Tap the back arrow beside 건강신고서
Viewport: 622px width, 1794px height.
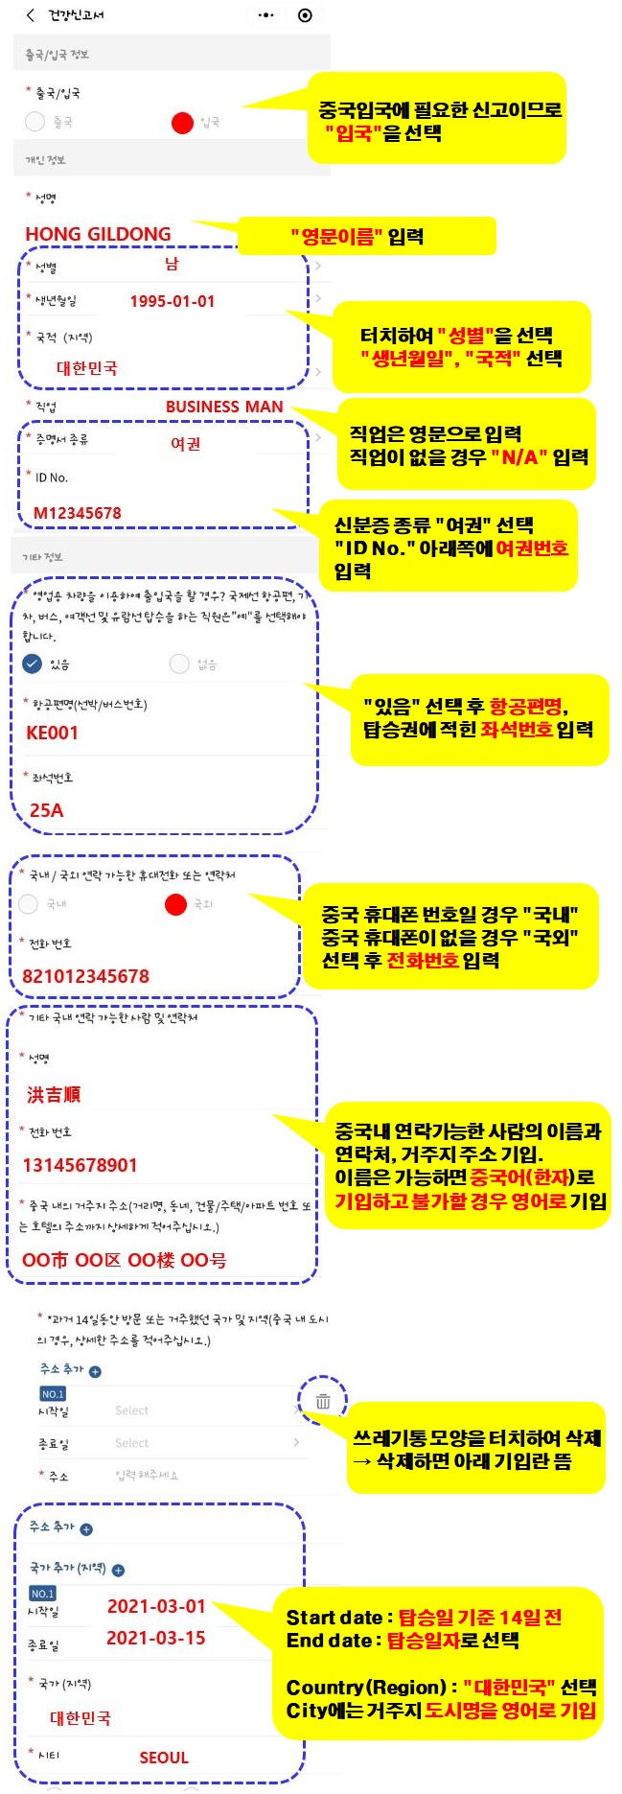pos(31,15)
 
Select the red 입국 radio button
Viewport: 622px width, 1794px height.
pos(182,123)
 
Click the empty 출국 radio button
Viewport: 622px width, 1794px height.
pos(35,122)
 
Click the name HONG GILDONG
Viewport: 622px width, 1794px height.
pos(98,234)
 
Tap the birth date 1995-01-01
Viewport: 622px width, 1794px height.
pos(173,301)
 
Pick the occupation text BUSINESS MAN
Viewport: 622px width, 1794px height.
pos(224,407)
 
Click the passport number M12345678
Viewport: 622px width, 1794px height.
pos(78,513)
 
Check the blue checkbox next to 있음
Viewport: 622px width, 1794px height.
pos(33,664)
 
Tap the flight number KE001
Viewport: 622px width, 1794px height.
pos(53,733)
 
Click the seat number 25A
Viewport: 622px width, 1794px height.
pos(46,810)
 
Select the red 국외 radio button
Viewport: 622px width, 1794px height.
pos(175,904)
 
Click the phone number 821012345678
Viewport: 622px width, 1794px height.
pos(86,976)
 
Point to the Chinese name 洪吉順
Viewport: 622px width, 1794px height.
pos(54,1094)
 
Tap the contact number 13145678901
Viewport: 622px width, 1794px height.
pos(81,1165)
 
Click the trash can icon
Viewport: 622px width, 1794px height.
pos(323,1401)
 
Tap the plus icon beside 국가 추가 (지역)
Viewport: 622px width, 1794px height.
pos(118,1570)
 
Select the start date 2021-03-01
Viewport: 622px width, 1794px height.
pos(156,1606)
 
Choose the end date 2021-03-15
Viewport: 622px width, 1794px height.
pos(156,1638)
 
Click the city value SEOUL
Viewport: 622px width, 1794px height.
pos(164,1758)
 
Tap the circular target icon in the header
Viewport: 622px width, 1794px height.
pos(305,15)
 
